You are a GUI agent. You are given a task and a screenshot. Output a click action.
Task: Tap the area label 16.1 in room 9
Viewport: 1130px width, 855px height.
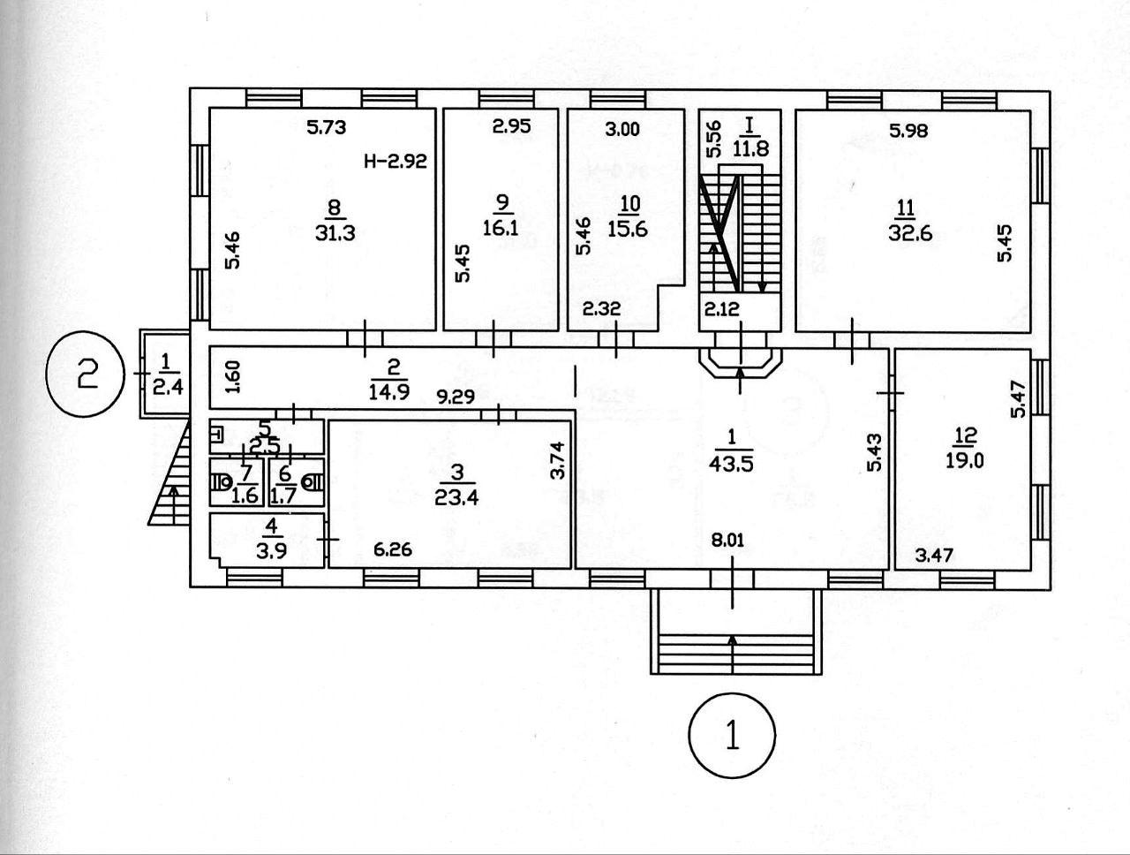coord(502,227)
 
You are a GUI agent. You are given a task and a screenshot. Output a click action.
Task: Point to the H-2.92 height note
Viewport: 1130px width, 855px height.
coord(395,162)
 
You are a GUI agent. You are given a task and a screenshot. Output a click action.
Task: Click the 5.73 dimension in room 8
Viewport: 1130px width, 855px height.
coord(326,127)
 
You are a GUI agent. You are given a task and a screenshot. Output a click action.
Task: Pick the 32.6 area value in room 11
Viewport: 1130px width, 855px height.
coord(907,234)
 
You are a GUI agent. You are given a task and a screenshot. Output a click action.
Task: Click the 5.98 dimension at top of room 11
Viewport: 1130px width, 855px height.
coord(908,132)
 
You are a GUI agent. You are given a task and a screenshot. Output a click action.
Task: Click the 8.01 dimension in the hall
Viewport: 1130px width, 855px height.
coord(730,541)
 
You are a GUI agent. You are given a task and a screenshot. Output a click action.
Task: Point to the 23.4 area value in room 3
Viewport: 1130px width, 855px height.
coord(456,496)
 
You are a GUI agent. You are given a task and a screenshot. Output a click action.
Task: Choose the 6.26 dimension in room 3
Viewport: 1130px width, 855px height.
coord(393,549)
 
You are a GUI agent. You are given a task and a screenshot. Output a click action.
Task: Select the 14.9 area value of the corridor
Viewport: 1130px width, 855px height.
coord(389,393)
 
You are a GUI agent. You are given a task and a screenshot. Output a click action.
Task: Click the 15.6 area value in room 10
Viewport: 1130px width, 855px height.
coord(629,228)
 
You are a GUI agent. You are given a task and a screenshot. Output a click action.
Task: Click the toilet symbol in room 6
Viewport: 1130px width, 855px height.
coord(310,482)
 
